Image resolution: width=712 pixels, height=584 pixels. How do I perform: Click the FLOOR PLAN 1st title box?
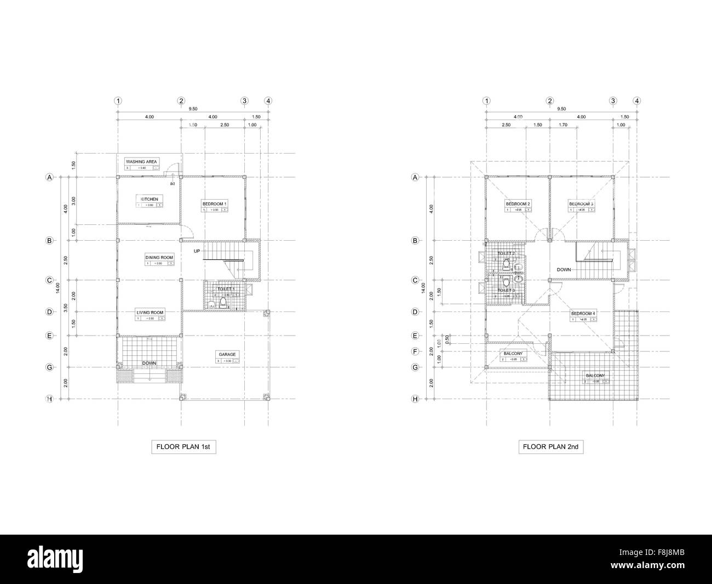[183, 447]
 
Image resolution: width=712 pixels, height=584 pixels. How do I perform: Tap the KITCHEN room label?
[150, 199]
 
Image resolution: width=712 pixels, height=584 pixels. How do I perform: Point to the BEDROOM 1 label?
[214, 203]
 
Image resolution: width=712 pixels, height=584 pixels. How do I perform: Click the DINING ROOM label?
[159, 257]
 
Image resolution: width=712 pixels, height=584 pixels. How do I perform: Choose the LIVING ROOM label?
[150, 313]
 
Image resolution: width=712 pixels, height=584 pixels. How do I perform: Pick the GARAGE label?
[227, 354]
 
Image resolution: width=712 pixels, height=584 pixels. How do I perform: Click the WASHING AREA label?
[142, 162]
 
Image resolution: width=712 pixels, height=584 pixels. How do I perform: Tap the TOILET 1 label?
[226, 288]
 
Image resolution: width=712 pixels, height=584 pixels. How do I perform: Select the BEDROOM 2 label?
[518, 203]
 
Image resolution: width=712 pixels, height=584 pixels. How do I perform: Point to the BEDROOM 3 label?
[581, 203]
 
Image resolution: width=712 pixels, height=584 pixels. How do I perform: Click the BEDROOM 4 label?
[583, 313]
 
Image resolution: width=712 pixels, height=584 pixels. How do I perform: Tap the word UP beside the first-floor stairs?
[197, 251]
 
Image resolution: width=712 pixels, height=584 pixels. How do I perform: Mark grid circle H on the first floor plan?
[49, 399]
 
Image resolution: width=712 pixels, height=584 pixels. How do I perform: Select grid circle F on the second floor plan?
[415, 351]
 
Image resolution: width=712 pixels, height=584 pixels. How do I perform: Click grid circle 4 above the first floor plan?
[268, 101]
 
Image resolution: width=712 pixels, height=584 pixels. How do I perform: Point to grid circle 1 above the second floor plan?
[486, 101]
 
